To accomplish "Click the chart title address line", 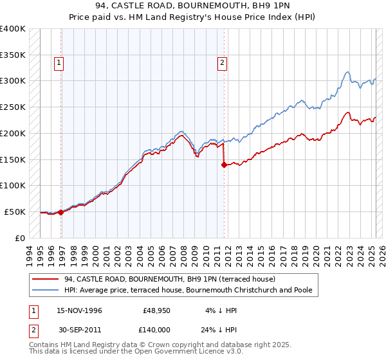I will click(192, 8).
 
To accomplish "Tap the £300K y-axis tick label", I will click(13, 81).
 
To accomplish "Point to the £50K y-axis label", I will click(15, 212).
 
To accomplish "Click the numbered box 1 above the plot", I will click(59, 63).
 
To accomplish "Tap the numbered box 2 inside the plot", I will click(221, 63).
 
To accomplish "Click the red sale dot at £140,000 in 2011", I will click(224, 165).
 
